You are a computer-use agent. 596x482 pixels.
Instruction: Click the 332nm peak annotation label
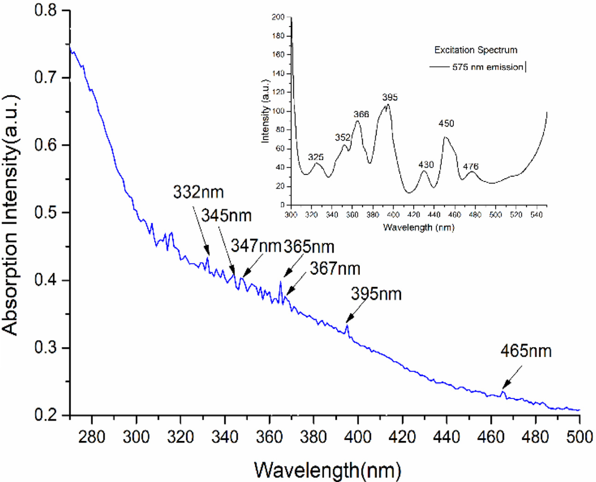pyautogui.click(x=199, y=192)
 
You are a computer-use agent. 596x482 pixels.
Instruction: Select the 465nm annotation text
pyautogui.click(x=526, y=351)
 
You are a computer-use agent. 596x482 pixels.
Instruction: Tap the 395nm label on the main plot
pyautogui.click(x=376, y=294)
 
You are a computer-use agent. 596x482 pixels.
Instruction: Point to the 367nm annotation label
pyautogui.click(x=335, y=268)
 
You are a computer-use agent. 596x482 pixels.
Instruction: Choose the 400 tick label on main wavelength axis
pyautogui.click(x=358, y=436)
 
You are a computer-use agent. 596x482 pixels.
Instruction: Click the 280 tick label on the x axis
pyautogui.click(x=92, y=436)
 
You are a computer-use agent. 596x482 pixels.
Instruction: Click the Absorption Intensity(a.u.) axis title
pyautogui.click(x=10, y=215)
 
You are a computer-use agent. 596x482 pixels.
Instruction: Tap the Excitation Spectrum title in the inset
pyautogui.click(x=476, y=50)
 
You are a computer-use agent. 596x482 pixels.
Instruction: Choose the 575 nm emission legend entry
pyautogui.click(x=488, y=67)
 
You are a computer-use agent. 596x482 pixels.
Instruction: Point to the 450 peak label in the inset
pyautogui.click(x=446, y=123)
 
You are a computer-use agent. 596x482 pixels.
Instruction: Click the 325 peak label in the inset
pyautogui.click(x=316, y=157)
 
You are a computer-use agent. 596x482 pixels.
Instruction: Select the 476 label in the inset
pyautogui.click(x=471, y=166)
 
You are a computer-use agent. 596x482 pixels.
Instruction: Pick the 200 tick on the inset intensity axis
pyautogui.click(x=278, y=17)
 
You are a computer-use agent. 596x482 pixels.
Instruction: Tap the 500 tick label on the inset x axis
pyautogui.click(x=495, y=215)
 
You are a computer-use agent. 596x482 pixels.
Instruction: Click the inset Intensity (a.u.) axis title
pyautogui.click(x=265, y=111)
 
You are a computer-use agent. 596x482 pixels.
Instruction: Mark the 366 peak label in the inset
pyautogui.click(x=361, y=114)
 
